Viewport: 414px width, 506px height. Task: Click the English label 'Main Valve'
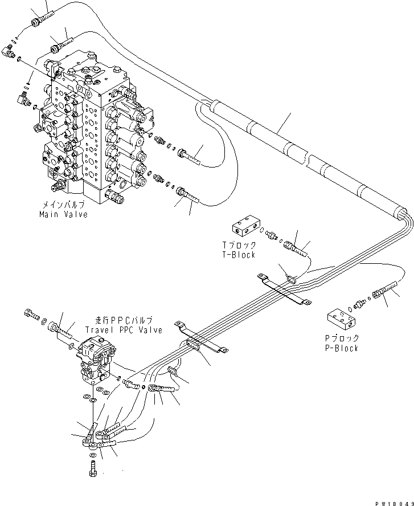(63, 214)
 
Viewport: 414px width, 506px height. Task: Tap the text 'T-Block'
(239, 255)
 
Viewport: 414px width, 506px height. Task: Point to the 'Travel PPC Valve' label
(123, 330)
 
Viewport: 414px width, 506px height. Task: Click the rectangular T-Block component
(246, 227)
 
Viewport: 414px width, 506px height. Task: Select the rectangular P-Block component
(341, 319)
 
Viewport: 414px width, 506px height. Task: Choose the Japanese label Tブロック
(239, 246)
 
